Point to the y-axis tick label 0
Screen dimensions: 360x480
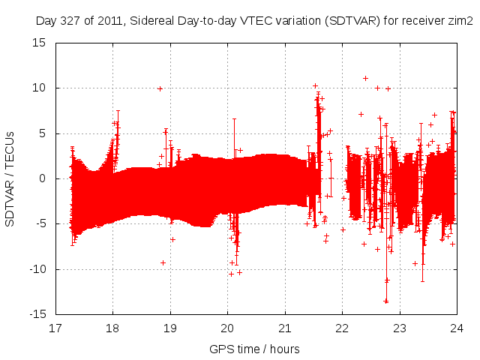point(45,178)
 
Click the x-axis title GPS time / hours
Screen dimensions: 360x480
point(255,349)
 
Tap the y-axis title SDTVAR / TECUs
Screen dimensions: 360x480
point(10,178)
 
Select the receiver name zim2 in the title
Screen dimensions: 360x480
point(460,20)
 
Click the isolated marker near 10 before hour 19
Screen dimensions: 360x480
point(160,88)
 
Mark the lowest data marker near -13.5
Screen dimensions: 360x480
point(386,301)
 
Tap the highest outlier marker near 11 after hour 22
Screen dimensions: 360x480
point(365,78)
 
